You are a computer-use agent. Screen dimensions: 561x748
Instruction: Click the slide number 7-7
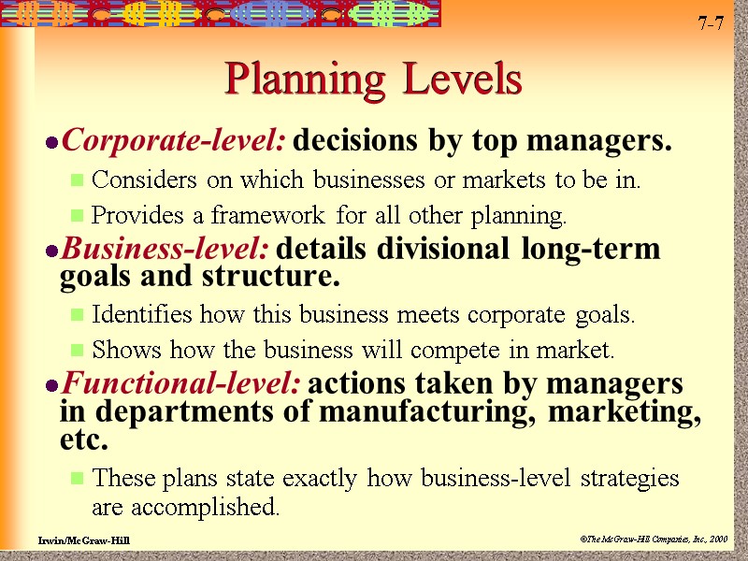[x=711, y=22]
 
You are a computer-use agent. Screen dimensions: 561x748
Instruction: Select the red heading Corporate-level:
[x=173, y=142]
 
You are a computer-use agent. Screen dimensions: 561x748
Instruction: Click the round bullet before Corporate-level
[x=52, y=144]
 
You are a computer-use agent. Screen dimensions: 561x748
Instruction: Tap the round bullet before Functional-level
[x=52, y=386]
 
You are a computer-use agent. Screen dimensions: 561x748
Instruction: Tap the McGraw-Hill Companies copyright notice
[x=653, y=540]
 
